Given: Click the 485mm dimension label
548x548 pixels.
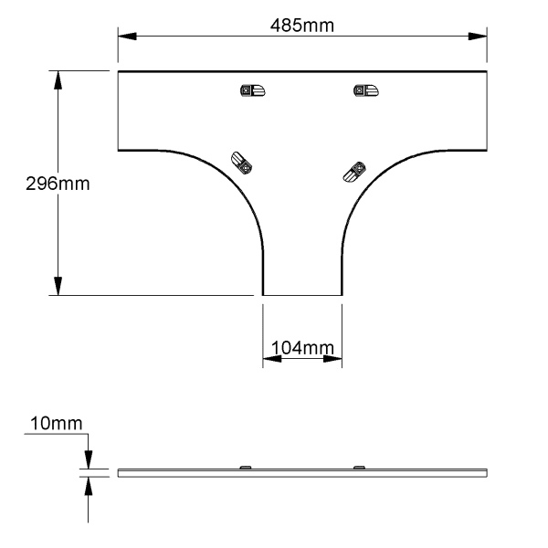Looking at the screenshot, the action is [302, 26].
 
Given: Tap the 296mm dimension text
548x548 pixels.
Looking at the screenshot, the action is [58, 184].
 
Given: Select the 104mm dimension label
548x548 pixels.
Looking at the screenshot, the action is [302, 348].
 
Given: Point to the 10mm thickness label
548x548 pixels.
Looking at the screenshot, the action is [57, 423].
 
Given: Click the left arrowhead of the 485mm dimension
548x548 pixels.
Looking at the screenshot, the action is [127, 36].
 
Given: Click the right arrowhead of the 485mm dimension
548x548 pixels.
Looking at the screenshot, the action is [478, 36].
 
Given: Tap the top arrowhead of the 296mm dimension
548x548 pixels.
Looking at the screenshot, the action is [58, 80].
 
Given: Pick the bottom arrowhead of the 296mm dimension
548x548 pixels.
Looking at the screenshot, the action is [58, 286].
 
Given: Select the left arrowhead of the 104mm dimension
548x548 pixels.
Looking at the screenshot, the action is [272, 359].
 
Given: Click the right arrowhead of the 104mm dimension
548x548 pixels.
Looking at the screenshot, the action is [332, 359].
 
